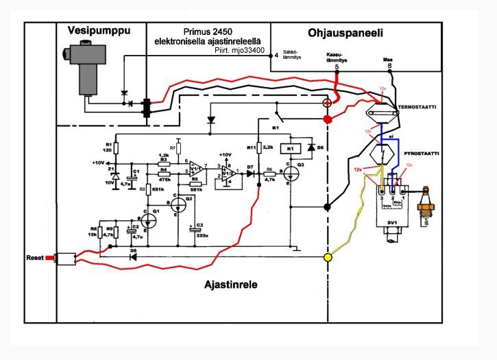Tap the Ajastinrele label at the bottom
(230, 285)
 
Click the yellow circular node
(328, 258)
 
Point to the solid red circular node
(327, 120)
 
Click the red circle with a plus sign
(327, 103)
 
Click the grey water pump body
(86, 69)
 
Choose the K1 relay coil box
(290, 148)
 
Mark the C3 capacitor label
(199, 226)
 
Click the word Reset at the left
(34, 258)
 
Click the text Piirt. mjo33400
(239, 49)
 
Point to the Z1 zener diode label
(110, 176)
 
